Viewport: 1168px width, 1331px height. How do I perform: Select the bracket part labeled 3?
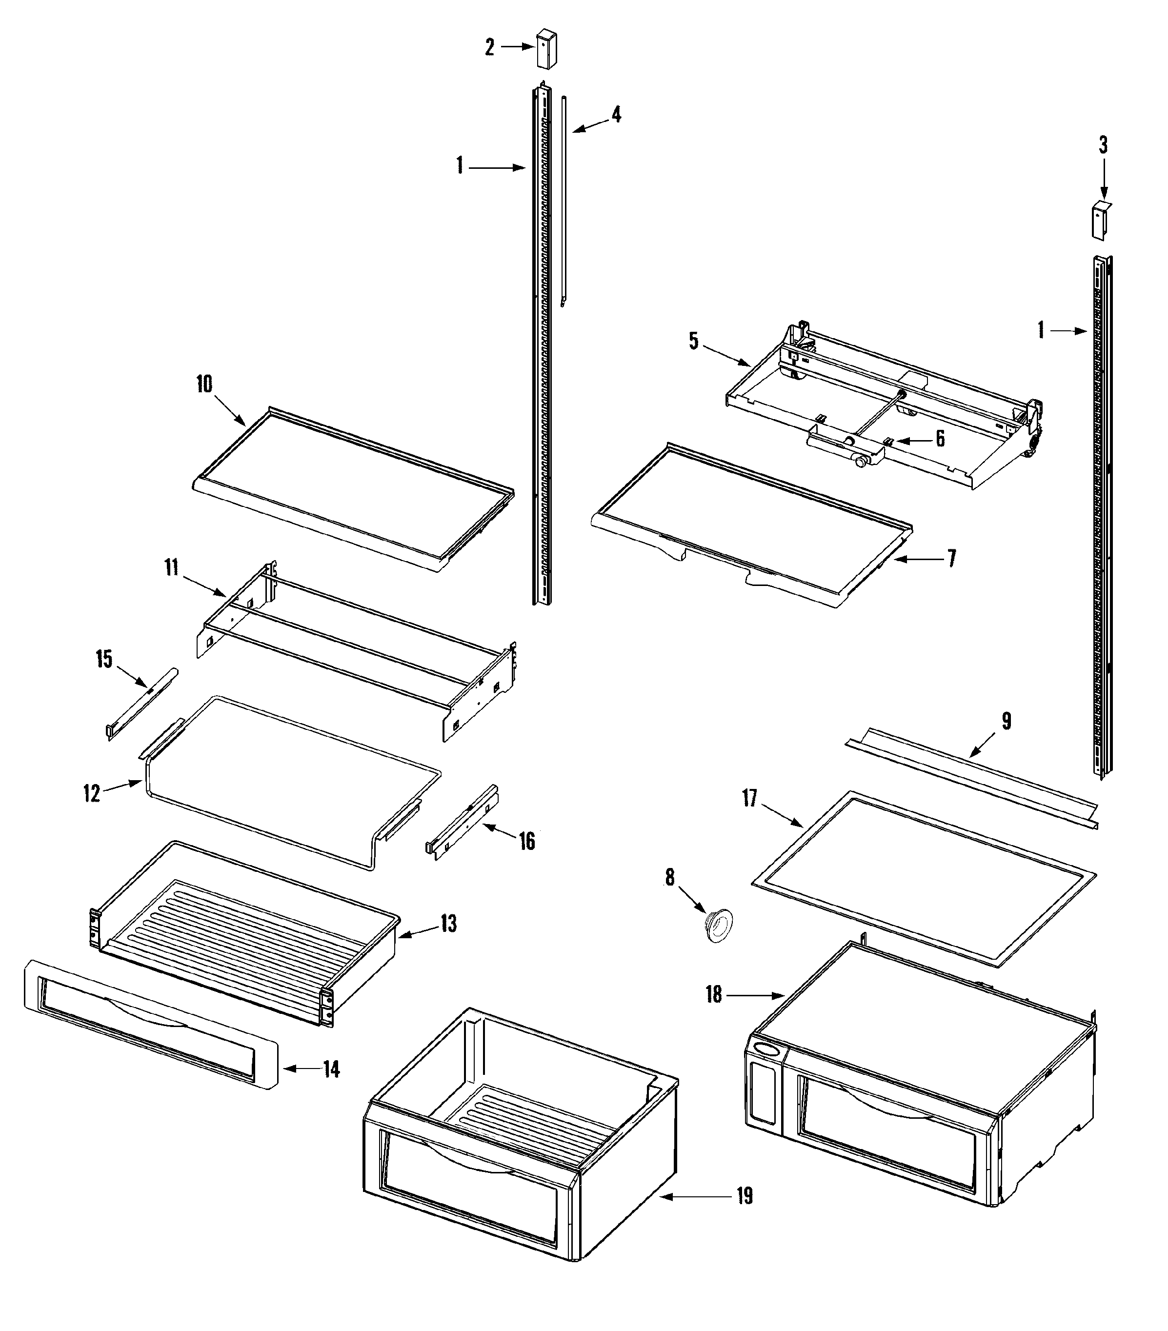pos(1100,220)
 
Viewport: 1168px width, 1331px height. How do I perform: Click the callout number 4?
pos(616,115)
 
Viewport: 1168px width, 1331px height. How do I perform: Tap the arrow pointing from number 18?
pos(755,995)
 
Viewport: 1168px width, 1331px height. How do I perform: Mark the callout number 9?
pos(1006,721)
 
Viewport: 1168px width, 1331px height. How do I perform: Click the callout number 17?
pos(750,798)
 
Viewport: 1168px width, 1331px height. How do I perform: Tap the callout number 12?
pos(92,794)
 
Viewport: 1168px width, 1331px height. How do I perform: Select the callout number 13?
pos(448,924)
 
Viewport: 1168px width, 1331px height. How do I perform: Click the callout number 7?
pos(951,558)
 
